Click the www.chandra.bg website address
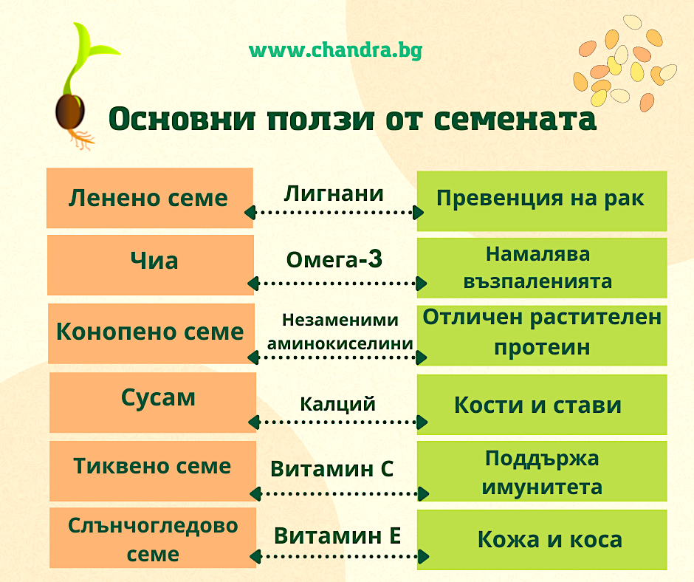point(335,50)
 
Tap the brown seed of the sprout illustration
point(70,112)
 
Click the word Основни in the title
point(182,119)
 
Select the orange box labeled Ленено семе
point(150,198)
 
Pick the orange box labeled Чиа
point(151,265)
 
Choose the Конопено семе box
point(151,334)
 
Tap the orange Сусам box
point(153,403)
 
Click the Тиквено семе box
point(153,470)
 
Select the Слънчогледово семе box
point(153,538)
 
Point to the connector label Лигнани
point(334,194)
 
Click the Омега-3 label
point(334,259)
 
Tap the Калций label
point(337,404)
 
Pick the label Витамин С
point(332,468)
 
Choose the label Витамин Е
point(337,536)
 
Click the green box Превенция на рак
point(542,201)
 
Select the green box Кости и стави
point(542,405)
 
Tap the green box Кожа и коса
point(542,539)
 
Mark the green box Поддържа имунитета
point(542,470)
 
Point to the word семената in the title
point(515,119)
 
